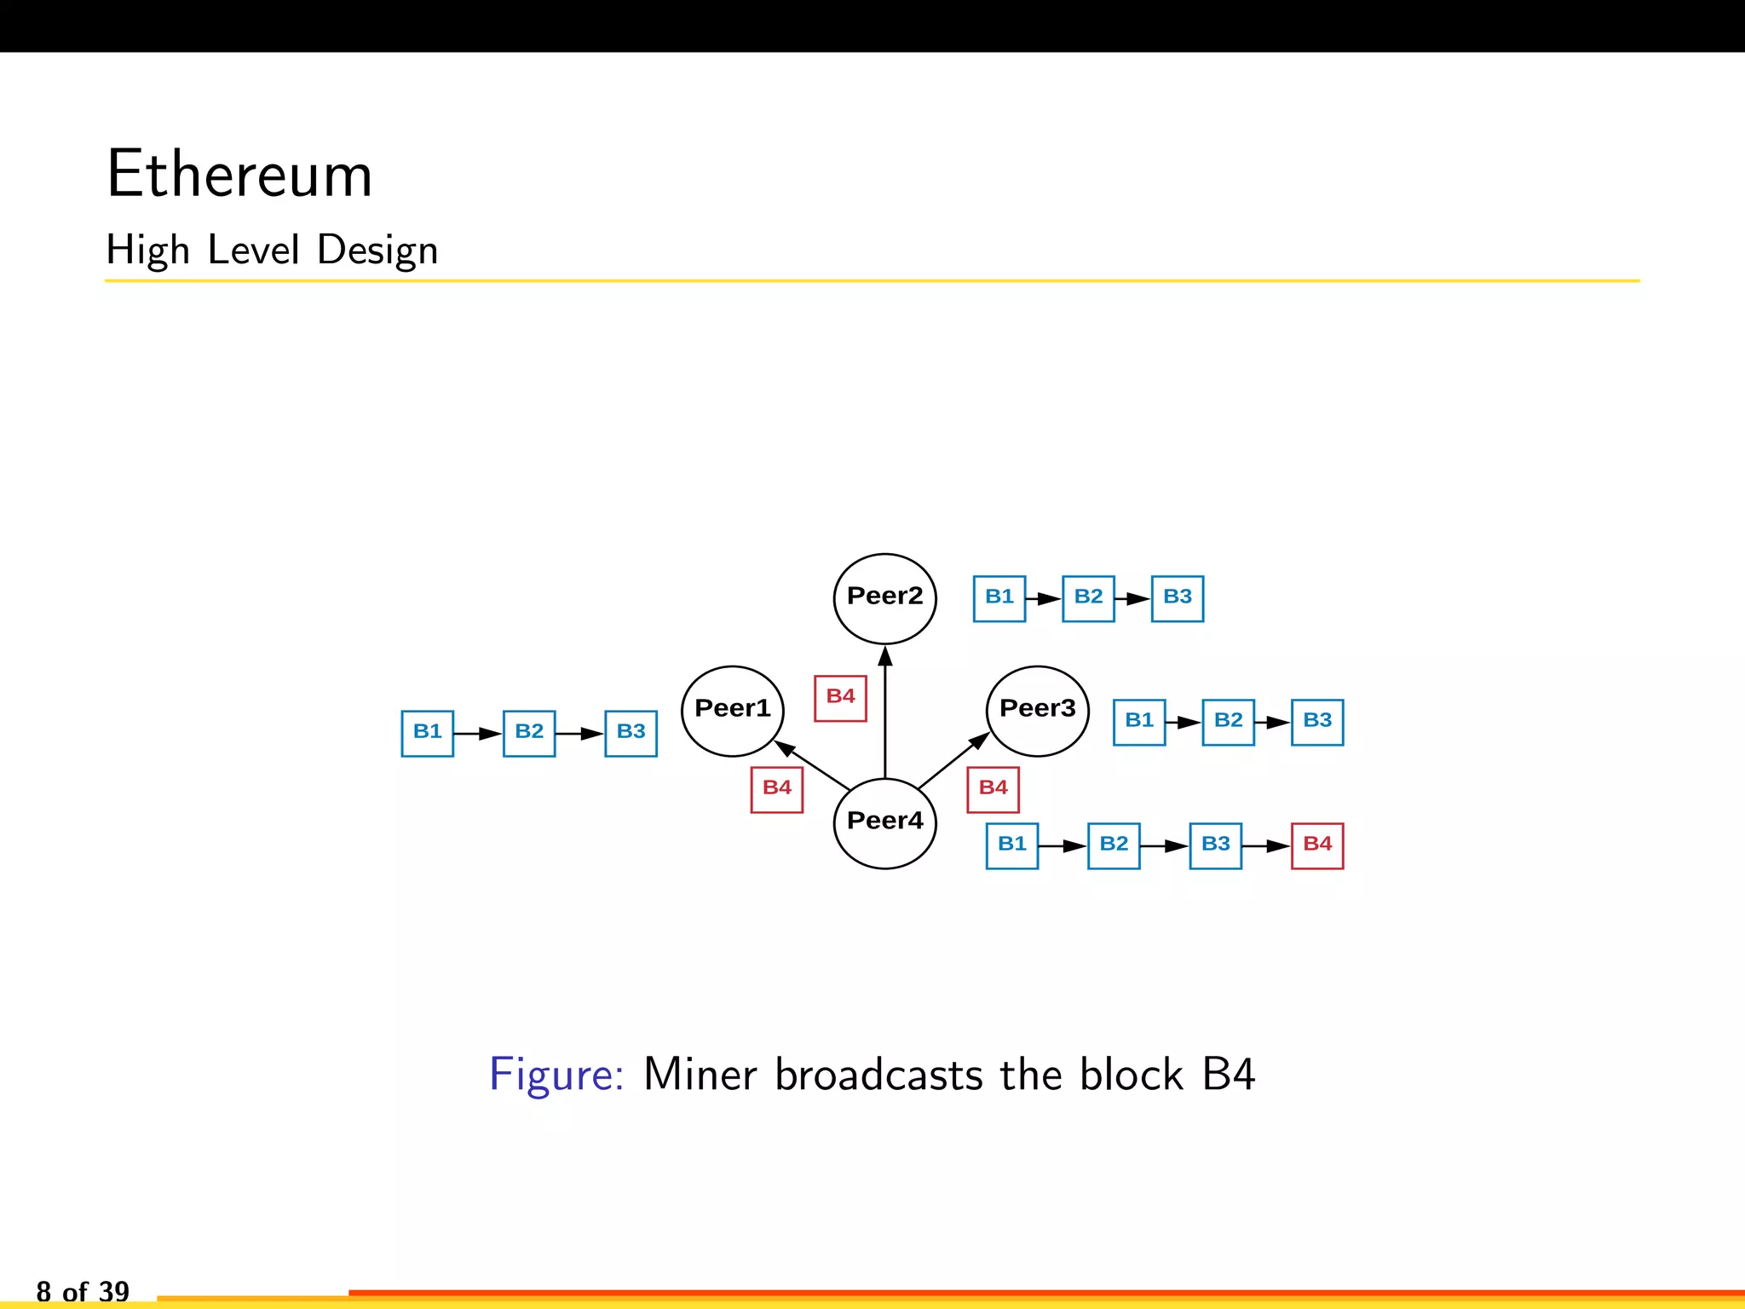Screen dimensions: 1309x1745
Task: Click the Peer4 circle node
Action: pos(884,822)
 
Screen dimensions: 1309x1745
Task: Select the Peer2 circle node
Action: pos(884,598)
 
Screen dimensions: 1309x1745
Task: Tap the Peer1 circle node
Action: pos(732,711)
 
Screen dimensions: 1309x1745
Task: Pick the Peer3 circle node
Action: pos(1037,711)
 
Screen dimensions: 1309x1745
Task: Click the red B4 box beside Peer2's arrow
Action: pos(840,698)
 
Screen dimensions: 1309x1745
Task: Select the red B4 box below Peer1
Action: pos(776,789)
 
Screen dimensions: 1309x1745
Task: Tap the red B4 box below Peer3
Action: pos(993,789)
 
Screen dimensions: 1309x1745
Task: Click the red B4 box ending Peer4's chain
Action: pos(1316,845)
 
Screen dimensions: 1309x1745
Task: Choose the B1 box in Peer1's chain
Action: pos(427,733)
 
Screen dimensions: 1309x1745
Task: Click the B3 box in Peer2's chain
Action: pos(1177,598)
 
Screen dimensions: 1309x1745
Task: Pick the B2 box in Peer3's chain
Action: pos(1228,722)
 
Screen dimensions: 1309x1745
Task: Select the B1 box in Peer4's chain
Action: pos(1011,845)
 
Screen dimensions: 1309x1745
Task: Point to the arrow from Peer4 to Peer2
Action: pos(884,716)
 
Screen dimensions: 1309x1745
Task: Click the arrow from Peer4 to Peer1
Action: pos(814,766)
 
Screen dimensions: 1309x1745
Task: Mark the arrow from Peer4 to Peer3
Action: pos(953,760)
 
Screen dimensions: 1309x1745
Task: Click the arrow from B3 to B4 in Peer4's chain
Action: pos(1266,845)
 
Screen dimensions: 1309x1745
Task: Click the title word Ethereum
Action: pos(239,175)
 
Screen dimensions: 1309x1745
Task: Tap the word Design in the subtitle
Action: pos(377,251)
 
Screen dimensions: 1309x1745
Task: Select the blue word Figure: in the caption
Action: pos(556,1074)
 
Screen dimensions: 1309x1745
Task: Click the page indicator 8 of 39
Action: pos(83,1290)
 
